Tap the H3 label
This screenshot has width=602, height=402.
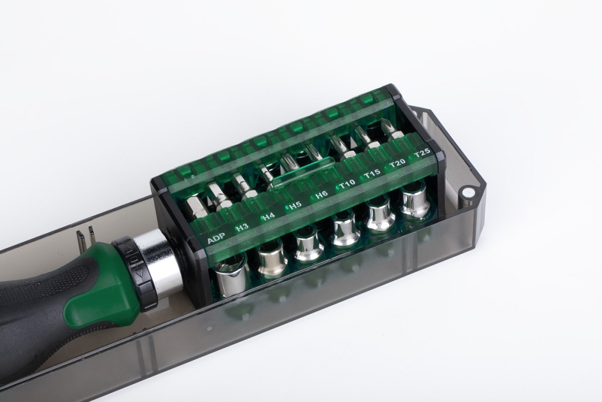coord(242,227)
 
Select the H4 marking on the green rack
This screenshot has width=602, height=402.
coord(268,216)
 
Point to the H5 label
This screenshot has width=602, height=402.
coord(294,206)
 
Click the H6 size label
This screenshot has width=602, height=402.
coord(321,195)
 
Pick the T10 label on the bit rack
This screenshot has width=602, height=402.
coord(347,184)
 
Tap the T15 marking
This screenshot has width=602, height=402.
coord(372,174)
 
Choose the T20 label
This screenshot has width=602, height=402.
coord(397,163)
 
